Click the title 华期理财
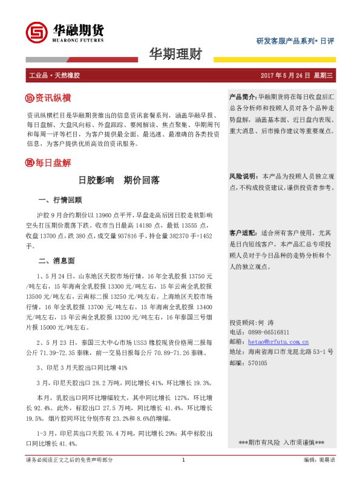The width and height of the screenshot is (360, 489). tap(175, 55)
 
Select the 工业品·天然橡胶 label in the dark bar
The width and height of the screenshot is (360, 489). tap(54, 76)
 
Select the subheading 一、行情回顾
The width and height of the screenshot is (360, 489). tap(60, 200)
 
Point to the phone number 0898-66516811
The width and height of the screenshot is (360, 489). tap(268, 332)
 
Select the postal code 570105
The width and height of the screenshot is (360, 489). tap(257, 363)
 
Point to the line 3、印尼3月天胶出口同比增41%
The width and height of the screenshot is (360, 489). tap(82, 367)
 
